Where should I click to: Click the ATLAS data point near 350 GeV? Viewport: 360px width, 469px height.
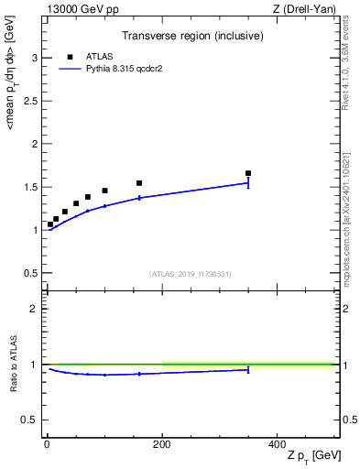(x=248, y=173)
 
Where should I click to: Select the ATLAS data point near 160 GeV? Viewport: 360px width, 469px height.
(x=139, y=183)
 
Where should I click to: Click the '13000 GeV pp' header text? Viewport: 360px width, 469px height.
(x=75, y=9)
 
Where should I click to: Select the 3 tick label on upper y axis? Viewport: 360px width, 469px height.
(x=34, y=58)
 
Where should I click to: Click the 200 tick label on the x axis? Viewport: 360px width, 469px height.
(x=161, y=442)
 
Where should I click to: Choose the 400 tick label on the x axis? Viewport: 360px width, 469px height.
(x=277, y=442)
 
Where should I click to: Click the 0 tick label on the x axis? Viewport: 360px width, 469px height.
(x=47, y=442)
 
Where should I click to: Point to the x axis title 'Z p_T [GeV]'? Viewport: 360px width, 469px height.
(x=311, y=455)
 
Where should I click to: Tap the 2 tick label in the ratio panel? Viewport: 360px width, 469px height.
(x=34, y=309)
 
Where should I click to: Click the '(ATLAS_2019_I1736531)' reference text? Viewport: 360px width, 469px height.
(x=191, y=274)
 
